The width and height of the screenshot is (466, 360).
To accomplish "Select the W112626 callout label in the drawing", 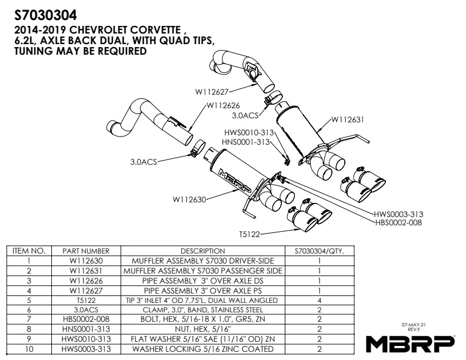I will coord(223,106).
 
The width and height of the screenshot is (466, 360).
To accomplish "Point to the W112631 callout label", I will coord(347,119).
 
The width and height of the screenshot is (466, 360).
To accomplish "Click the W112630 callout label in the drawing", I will coord(189,199).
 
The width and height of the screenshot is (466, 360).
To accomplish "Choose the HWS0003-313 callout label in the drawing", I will coord(398,214).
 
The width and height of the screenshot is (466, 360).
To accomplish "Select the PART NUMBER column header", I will coord(86,251).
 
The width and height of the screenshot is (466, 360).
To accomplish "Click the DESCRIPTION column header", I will coord(202,251).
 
